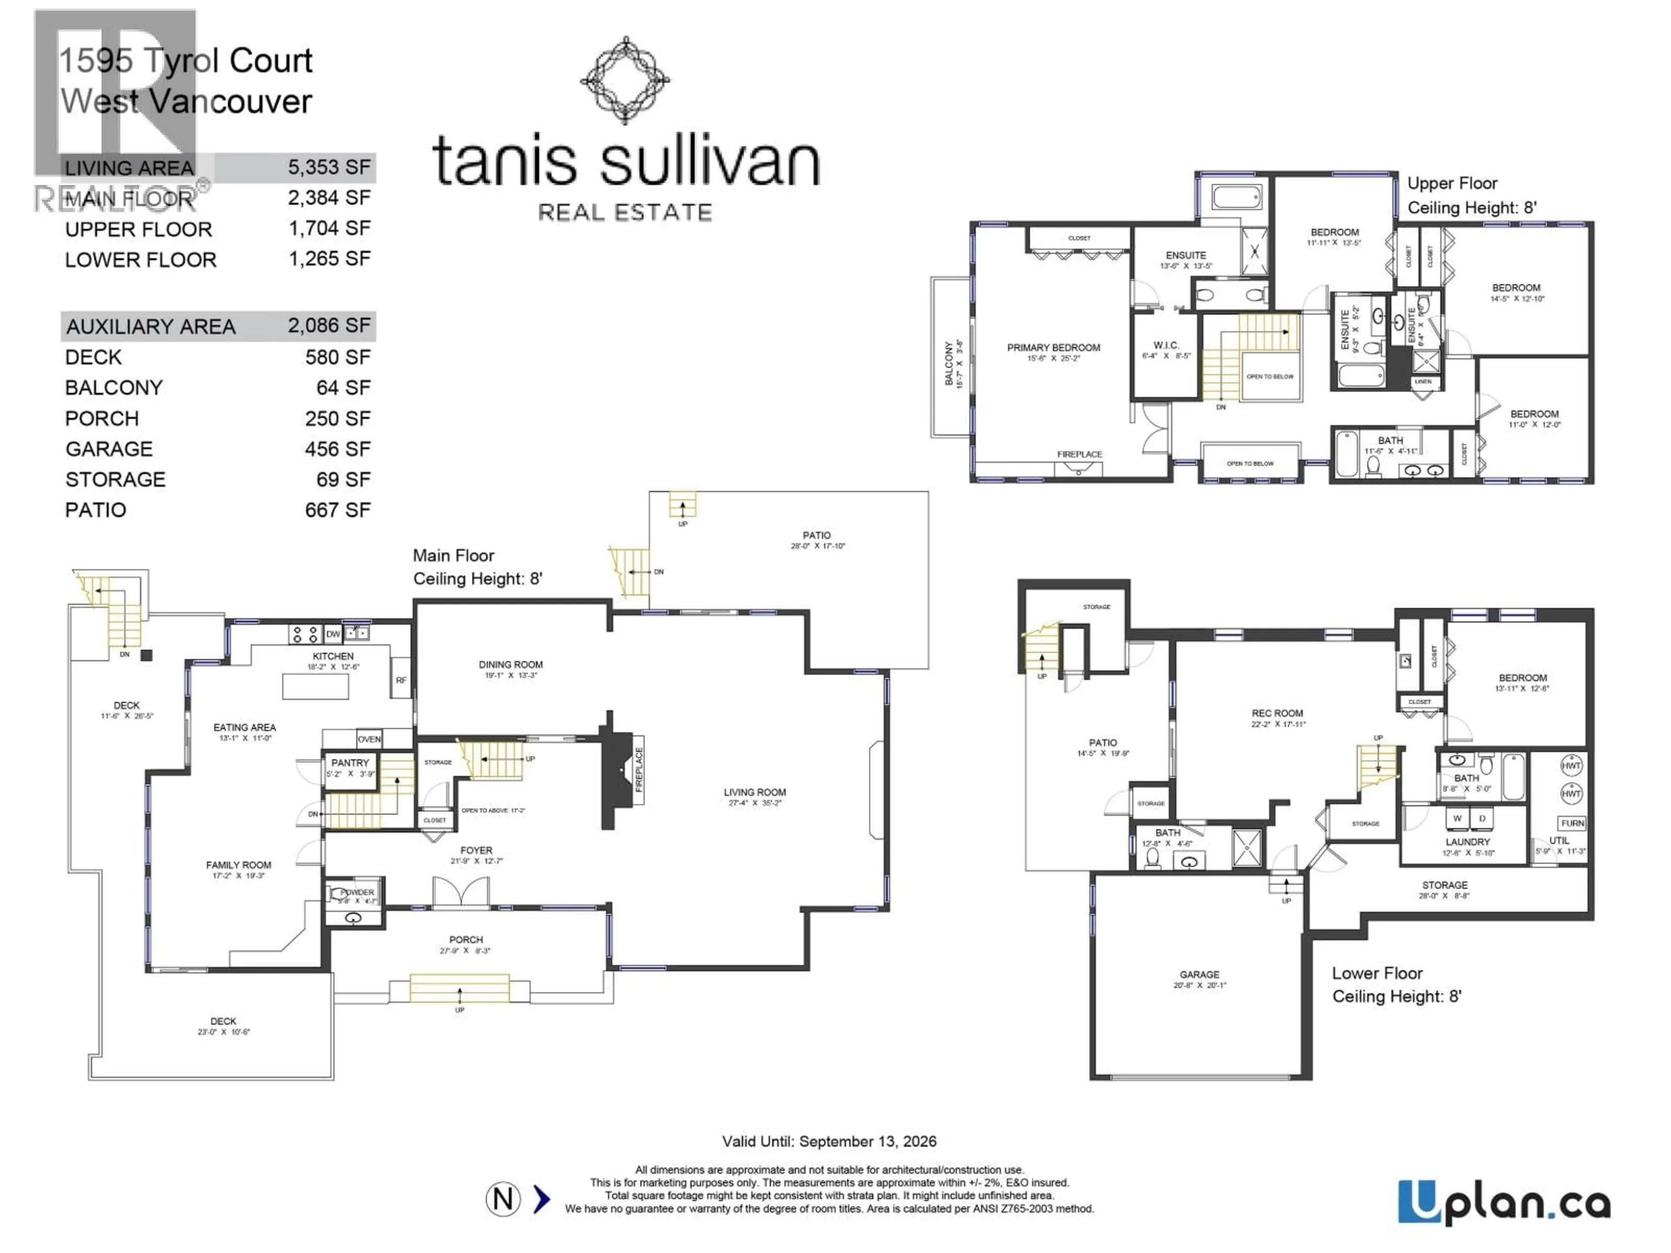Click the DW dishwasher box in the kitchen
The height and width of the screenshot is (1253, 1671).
point(333,634)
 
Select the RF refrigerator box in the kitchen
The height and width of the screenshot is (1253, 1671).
point(400,680)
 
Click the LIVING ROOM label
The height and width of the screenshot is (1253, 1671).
point(754,792)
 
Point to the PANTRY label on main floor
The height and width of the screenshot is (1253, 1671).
point(350,763)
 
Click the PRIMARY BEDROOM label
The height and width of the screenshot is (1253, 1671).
point(1053,348)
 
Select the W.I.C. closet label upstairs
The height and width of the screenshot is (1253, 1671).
point(1166,345)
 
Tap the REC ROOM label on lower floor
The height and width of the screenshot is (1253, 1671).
point(1277,713)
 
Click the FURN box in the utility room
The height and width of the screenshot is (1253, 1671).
point(1572,823)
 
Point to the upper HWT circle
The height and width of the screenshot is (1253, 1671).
point(1571,766)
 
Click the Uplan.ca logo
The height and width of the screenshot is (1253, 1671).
point(1503,1203)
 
